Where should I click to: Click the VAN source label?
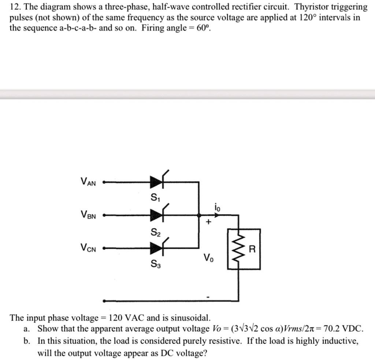88,182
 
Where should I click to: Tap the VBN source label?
88,215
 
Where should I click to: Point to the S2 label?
155,232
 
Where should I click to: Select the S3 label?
155,264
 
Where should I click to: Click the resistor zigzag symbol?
238,249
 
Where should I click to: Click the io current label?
218,207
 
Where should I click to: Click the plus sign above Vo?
208,223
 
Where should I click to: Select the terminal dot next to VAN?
104,181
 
